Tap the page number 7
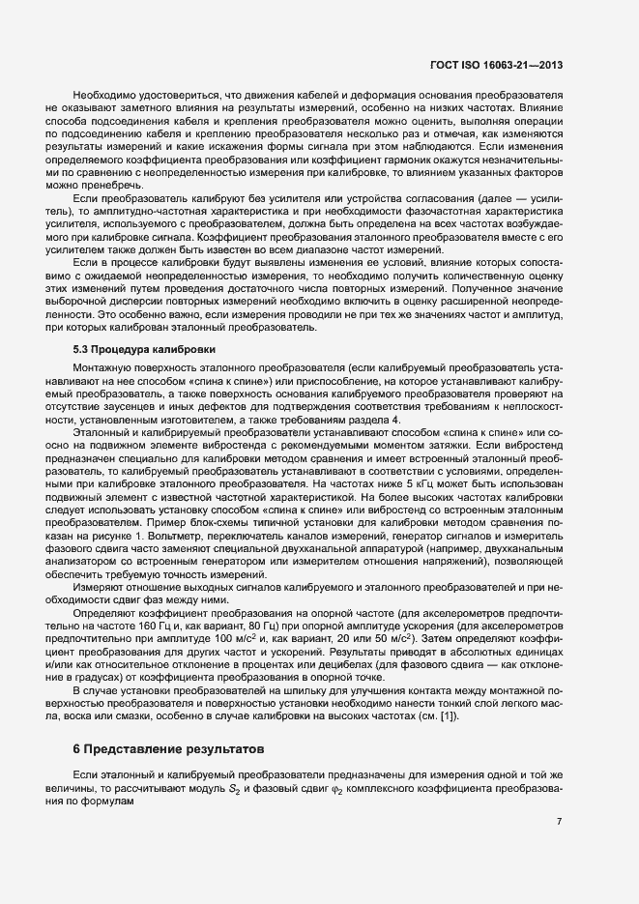(559, 822)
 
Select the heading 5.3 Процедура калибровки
(144, 347)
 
